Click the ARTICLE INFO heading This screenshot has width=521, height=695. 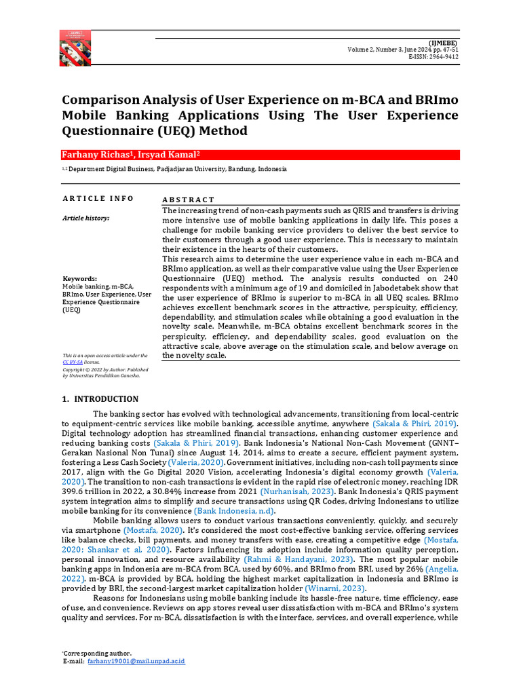point(98,198)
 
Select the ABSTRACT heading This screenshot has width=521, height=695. point(188,200)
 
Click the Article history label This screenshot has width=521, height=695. point(85,218)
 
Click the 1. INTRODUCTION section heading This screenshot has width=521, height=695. point(100,399)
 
